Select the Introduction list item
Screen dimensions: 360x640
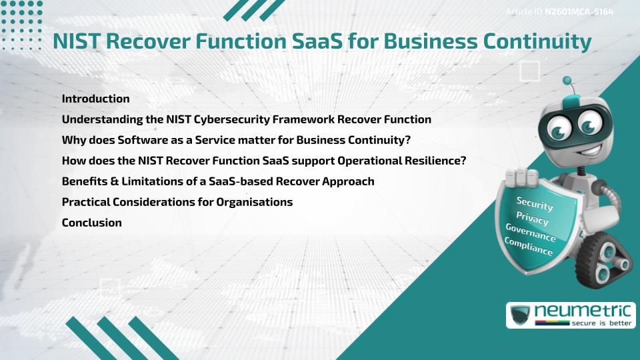95,99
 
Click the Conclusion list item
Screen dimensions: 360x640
91,223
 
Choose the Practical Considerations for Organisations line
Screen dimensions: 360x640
177,202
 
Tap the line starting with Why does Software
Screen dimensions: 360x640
235,140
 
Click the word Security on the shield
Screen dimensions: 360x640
535,203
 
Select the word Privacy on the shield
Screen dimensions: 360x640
532,219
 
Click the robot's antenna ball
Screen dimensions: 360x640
568,81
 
